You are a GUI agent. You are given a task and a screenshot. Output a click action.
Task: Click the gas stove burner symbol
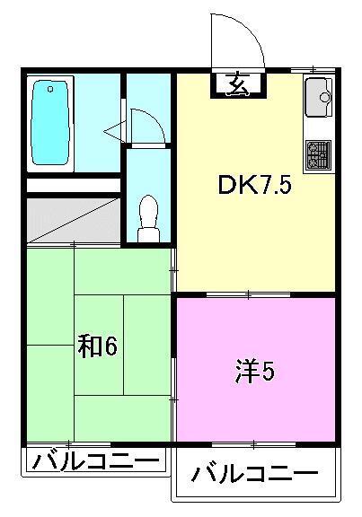[x=318, y=154]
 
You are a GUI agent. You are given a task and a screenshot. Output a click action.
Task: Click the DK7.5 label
[x=254, y=187]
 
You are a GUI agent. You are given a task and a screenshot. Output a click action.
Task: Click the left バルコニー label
[x=95, y=462]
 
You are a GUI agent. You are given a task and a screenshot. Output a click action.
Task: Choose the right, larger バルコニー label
[x=255, y=473]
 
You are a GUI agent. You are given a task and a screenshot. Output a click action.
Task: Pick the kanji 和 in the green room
[x=87, y=346]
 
